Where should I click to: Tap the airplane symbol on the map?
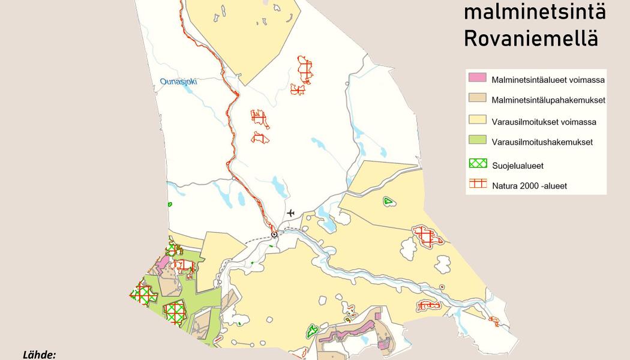291,212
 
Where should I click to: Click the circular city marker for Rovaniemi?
274,234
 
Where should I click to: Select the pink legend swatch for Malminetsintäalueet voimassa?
477,79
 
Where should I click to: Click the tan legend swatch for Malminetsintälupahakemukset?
477,100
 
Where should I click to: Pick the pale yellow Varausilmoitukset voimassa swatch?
477,121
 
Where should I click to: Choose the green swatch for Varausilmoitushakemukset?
477,142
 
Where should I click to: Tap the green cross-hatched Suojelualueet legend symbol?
477,164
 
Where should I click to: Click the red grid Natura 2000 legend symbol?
477,184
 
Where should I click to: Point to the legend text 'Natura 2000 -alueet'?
529,186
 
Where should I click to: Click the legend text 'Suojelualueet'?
517,165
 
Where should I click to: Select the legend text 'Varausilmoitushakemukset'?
542,143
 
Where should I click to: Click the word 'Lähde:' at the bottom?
39,355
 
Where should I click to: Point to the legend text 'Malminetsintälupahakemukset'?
548,100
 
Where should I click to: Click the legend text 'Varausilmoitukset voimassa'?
544,122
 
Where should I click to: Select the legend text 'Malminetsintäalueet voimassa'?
548,79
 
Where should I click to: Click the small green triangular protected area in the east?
389,202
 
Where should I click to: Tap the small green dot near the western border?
170,204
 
